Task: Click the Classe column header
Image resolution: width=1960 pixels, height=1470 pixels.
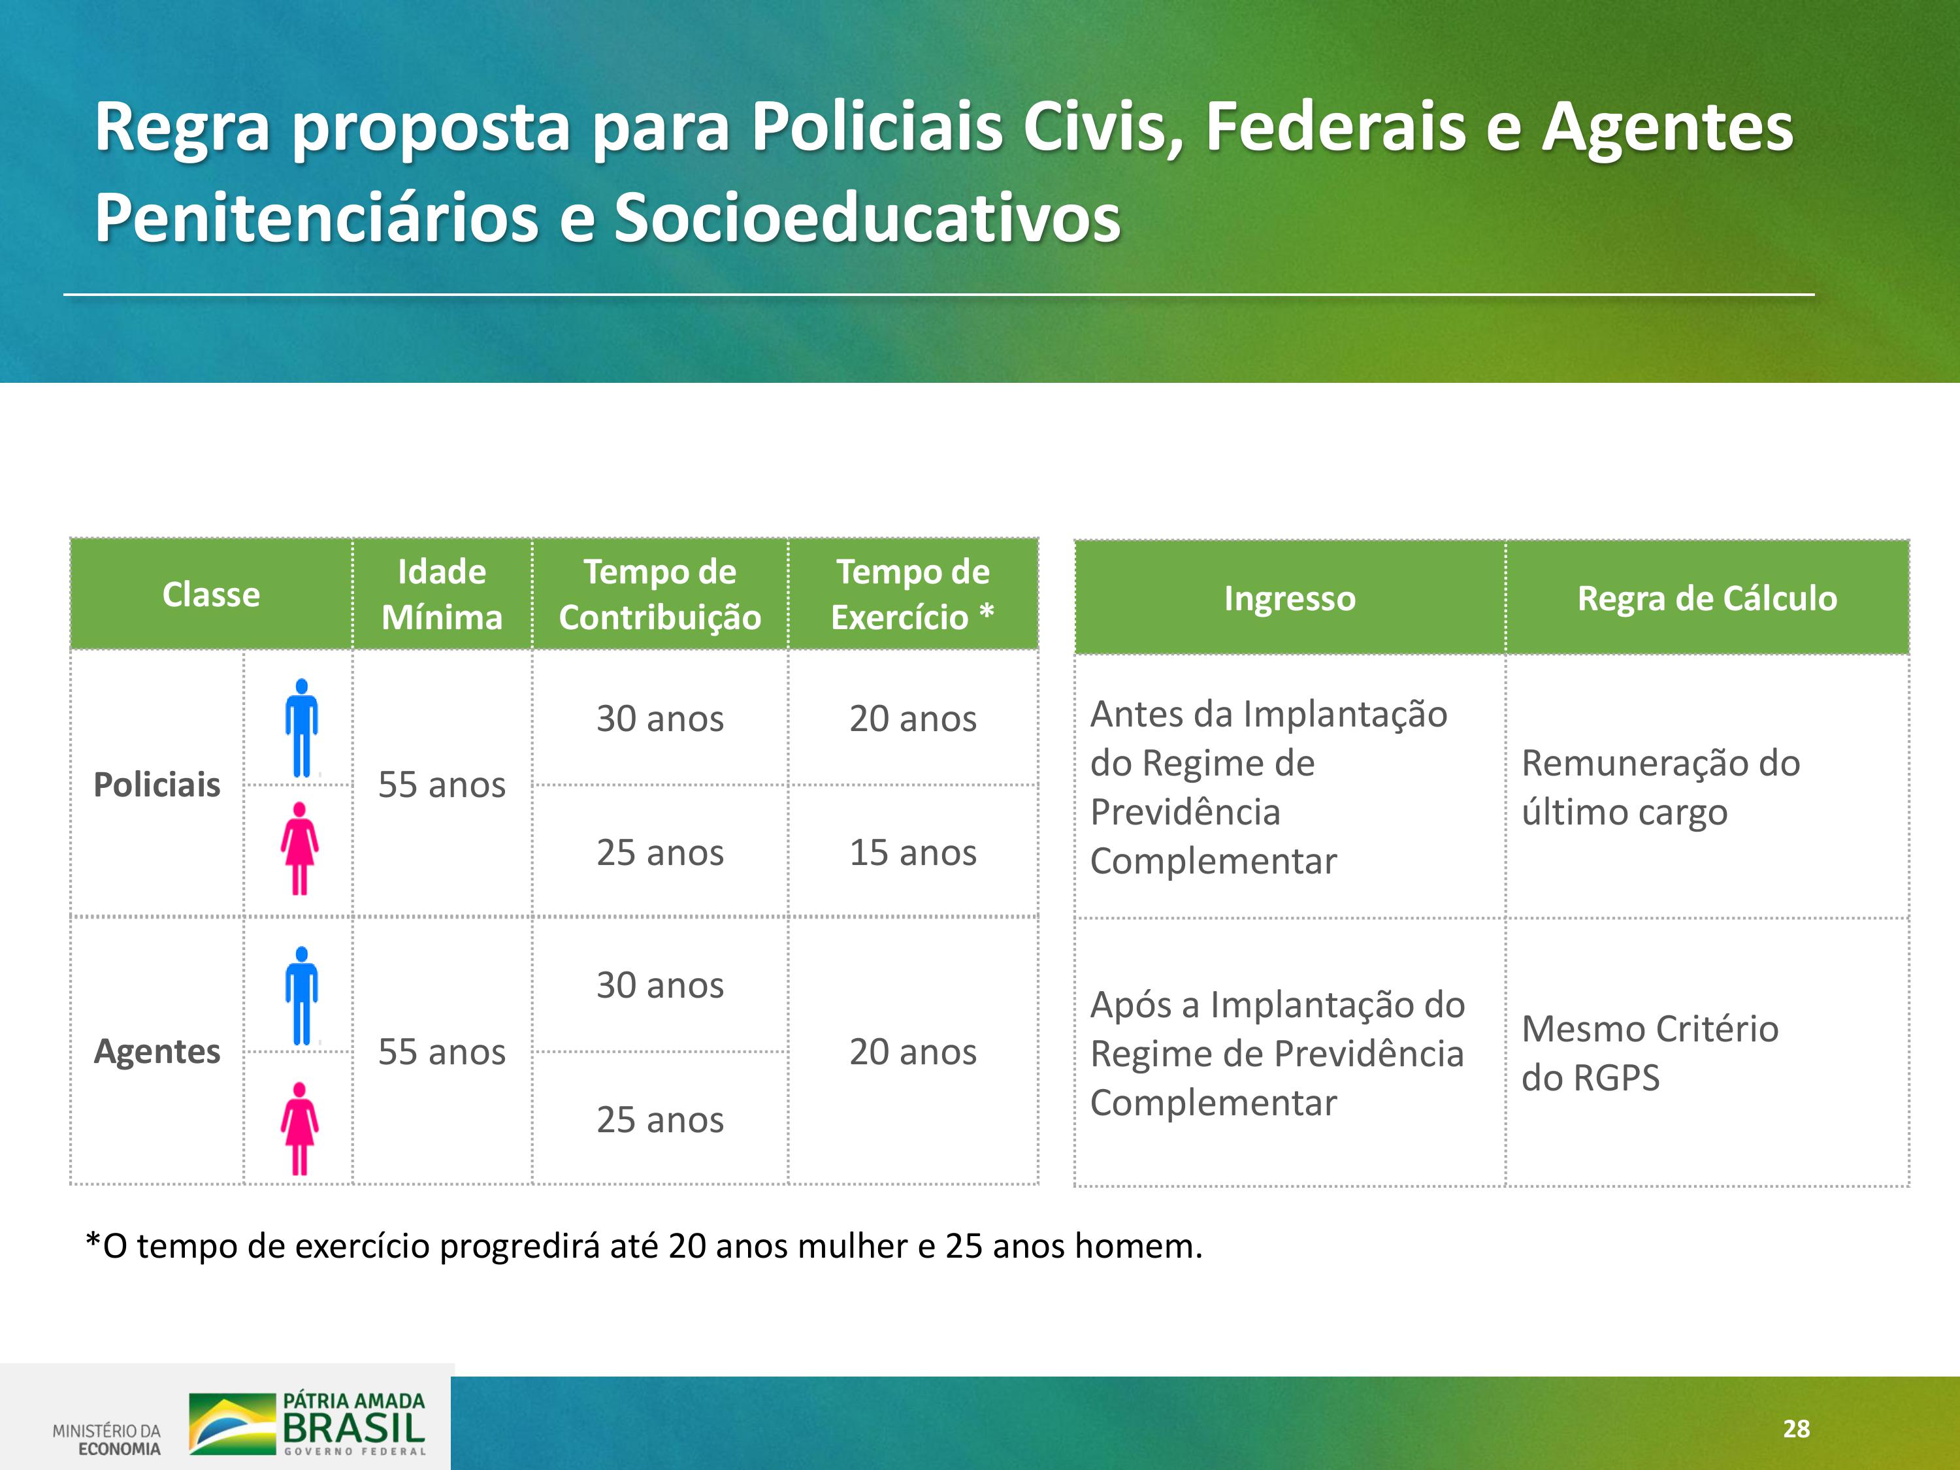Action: (211, 595)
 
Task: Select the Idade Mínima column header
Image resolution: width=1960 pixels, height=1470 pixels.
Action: (442, 595)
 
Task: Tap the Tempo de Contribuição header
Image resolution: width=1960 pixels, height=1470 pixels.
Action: (660, 595)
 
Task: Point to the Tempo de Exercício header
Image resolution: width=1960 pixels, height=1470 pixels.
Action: (913, 595)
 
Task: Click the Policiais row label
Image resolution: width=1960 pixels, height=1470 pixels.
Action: (157, 784)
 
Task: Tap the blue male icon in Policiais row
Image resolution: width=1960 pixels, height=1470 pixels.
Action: (301, 727)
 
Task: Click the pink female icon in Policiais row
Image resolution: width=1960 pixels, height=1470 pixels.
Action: (299, 848)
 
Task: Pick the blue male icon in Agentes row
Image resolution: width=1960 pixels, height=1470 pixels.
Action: (301, 995)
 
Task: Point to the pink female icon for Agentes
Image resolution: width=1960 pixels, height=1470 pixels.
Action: (299, 1128)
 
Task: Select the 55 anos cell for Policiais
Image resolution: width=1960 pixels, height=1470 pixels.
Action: (442, 784)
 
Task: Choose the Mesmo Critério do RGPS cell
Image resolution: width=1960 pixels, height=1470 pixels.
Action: (1650, 1053)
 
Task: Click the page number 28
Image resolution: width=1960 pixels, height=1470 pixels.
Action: (1796, 1428)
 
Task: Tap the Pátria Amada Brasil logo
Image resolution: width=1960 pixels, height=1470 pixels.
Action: (308, 1423)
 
